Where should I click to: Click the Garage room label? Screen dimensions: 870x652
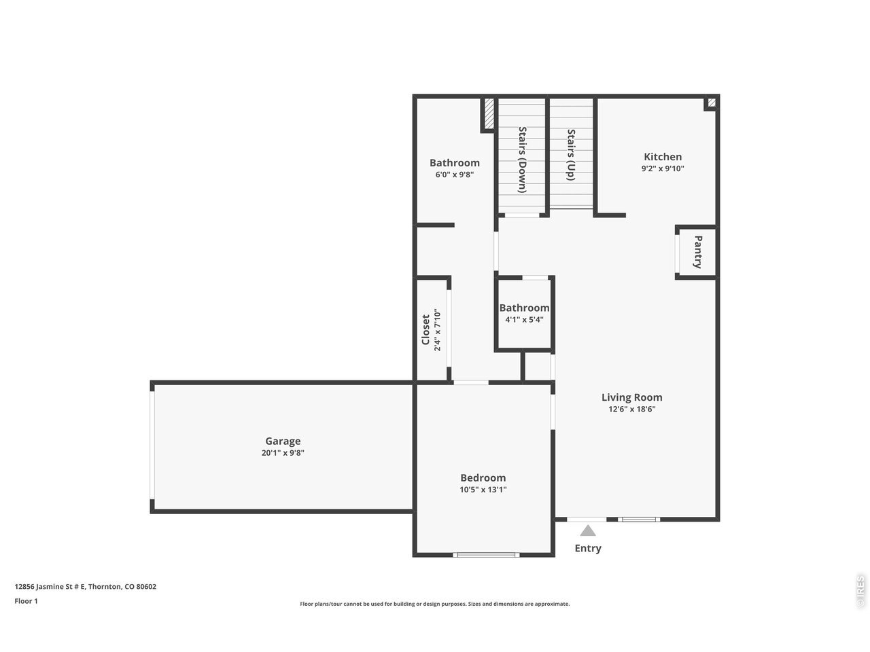[x=283, y=441]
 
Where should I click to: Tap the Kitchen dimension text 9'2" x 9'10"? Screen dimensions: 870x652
[x=663, y=168]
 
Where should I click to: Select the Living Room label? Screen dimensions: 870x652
[x=632, y=397]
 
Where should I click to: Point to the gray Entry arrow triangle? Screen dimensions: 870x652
[x=588, y=530]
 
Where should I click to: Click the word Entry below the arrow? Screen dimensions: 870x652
[x=588, y=548]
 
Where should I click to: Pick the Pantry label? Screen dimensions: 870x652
[x=698, y=252]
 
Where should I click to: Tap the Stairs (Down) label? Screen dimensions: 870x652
[x=523, y=160]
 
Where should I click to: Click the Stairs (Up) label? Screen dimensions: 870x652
[x=571, y=155]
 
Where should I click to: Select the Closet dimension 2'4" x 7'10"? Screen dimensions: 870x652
[x=438, y=330]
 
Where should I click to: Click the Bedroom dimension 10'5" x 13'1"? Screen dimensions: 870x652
[x=483, y=489]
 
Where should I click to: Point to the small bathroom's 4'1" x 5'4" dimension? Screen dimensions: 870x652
[x=524, y=319]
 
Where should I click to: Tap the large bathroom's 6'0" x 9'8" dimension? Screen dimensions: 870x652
[x=455, y=174]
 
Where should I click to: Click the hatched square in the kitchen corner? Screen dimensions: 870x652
[x=712, y=103]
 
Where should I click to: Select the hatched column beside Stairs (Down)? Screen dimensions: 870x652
[x=489, y=113]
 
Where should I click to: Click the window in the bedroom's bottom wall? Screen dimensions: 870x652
[x=486, y=555]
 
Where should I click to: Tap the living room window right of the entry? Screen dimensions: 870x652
[x=639, y=520]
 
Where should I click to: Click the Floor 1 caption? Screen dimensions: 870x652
[x=26, y=601]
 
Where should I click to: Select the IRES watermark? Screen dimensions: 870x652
[x=860, y=592]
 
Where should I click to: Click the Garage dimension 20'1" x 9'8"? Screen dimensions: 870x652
[x=283, y=452]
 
